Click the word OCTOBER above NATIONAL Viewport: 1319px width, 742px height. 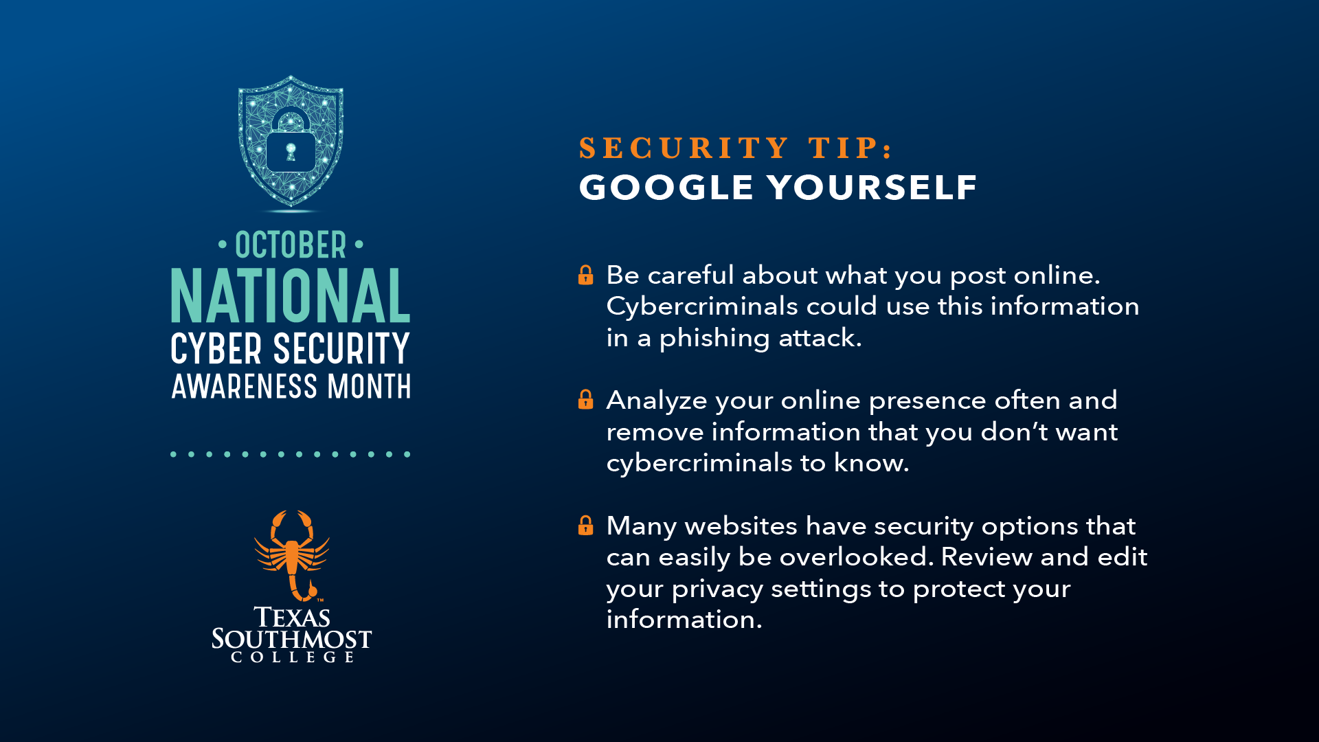point(291,245)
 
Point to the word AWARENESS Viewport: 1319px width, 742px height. point(245,386)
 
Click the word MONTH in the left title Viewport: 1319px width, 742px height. point(370,386)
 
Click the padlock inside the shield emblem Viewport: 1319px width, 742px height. point(291,142)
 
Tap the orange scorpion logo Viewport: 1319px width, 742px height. point(291,555)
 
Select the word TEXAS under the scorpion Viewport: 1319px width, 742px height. point(292,617)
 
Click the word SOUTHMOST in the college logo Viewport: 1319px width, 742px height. point(291,639)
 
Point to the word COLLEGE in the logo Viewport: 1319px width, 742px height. point(293,657)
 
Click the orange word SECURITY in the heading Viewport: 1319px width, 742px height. point(684,148)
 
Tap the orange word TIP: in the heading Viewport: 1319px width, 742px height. point(850,148)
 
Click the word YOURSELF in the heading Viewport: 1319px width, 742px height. point(872,187)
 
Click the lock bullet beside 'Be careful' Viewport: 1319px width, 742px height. point(586,275)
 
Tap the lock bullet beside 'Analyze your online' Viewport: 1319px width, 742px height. point(586,399)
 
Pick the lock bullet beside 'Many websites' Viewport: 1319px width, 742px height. point(586,525)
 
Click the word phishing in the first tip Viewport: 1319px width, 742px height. point(714,339)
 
